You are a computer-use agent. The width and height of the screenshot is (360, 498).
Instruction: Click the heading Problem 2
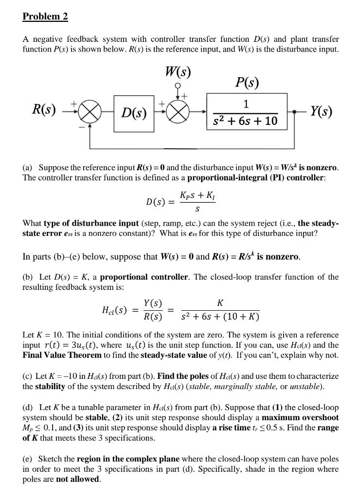click(45, 17)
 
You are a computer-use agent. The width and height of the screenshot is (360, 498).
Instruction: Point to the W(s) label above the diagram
click(178, 71)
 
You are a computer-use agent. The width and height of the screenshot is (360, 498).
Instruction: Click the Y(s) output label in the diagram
click(321, 112)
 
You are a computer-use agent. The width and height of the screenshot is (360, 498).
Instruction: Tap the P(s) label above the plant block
click(247, 82)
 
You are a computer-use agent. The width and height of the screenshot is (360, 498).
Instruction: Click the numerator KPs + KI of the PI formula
click(197, 196)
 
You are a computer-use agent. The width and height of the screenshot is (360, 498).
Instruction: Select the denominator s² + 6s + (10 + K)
click(220, 317)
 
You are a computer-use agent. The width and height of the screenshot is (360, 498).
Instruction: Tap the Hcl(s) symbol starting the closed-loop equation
click(115, 309)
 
